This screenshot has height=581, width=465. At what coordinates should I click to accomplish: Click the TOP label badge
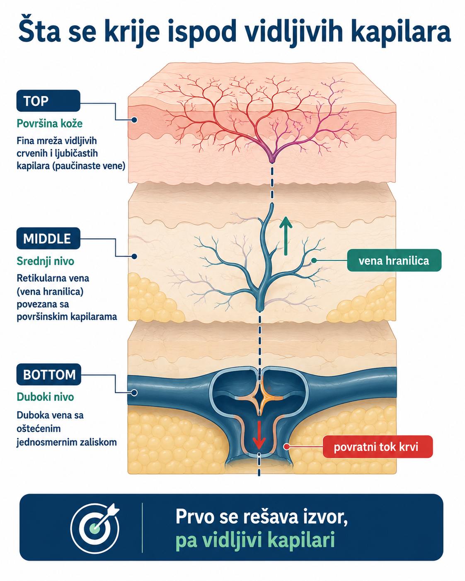coord(48,101)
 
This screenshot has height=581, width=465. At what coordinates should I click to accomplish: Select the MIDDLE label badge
coord(48,238)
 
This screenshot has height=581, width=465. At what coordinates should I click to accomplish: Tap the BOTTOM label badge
coord(48,375)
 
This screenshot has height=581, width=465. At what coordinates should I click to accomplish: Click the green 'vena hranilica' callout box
coord(394,261)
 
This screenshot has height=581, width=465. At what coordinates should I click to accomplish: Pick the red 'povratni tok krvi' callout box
coord(378,447)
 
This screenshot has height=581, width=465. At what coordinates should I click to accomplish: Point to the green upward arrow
coord(286,236)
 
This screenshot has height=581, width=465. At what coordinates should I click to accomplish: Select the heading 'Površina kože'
coord(50,123)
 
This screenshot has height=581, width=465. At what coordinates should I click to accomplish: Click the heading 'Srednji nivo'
coord(45,261)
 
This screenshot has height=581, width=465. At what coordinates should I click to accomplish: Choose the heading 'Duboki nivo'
coord(45,397)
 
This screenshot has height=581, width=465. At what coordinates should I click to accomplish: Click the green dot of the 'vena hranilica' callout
coord(314,261)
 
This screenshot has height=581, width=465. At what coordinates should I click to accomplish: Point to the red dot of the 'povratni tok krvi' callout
coord(286,447)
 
